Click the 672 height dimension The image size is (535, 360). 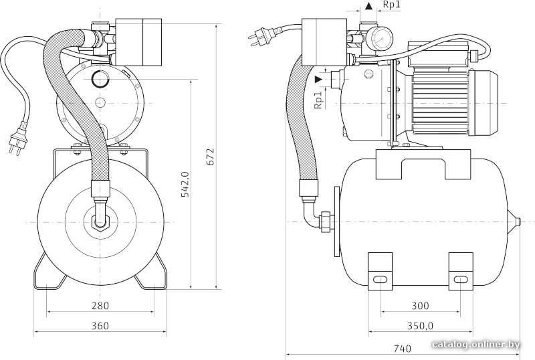click(x=211, y=157)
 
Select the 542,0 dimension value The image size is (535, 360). click(x=185, y=185)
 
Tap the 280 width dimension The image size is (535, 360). click(x=100, y=305)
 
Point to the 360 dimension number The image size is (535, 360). click(x=100, y=326)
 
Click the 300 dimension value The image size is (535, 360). click(x=420, y=305)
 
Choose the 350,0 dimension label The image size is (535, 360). click(x=420, y=326)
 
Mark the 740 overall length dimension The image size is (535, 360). click(x=403, y=349)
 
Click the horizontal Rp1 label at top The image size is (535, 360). click(x=391, y=5)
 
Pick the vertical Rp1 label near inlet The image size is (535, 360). click(x=318, y=100)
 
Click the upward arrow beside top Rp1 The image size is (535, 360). click(x=368, y=6)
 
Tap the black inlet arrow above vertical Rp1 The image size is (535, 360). click(x=318, y=79)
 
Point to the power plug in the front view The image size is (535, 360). click(x=18, y=139)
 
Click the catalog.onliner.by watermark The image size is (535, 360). click(x=476, y=345)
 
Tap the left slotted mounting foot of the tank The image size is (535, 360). click(x=380, y=272)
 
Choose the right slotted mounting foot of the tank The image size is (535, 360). click(x=461, y=272)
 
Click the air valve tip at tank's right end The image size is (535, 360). click(x=517, y=222)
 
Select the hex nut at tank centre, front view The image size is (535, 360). click(x=100, y=222)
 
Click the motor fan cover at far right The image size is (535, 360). click(x=484, y=103)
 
